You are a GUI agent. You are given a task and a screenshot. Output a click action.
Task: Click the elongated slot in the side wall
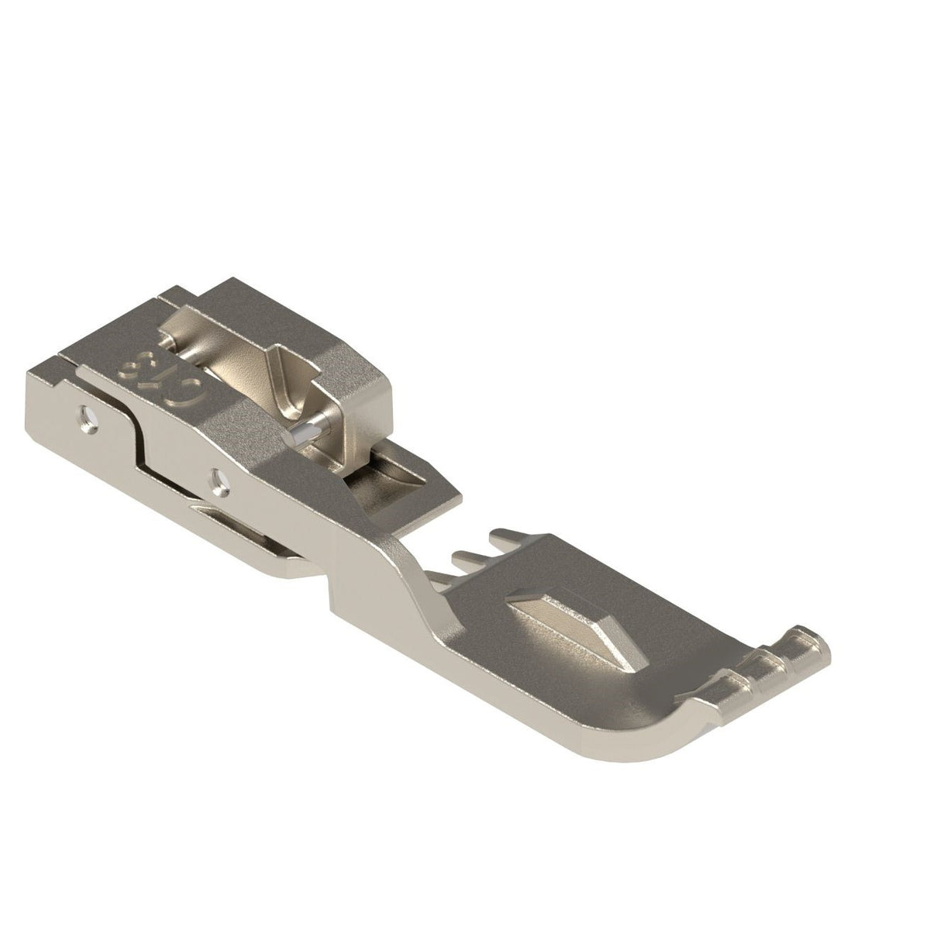point(232,515)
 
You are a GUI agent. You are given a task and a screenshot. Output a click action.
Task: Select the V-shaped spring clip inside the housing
point(294,387)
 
